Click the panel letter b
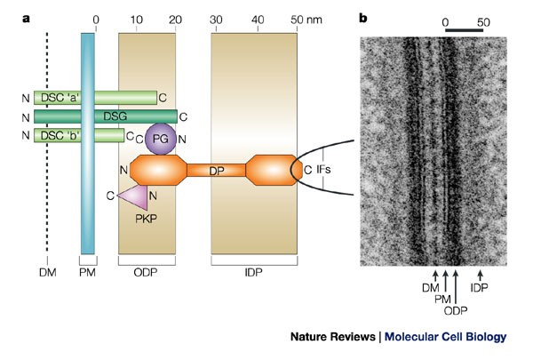[x=363, y=17]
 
